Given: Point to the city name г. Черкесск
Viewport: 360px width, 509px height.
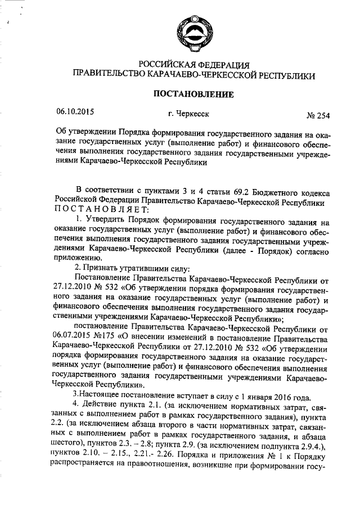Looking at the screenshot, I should tap(188, 114).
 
